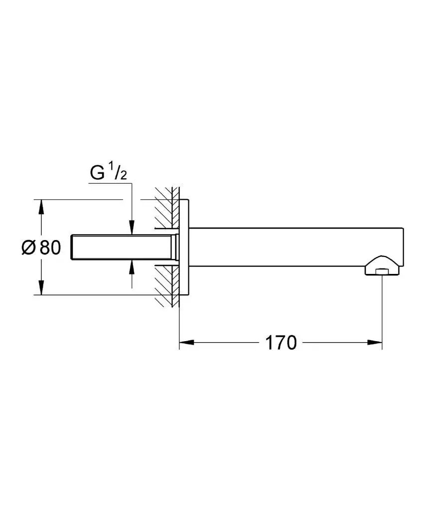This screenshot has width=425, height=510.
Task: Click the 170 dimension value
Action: [281, 343]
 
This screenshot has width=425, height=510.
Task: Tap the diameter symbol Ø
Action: [29, 247]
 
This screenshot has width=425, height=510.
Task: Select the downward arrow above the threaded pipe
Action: [132, 228]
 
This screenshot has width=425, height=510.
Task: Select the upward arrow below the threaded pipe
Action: [132, 267]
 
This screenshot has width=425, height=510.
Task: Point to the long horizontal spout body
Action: [294, 247]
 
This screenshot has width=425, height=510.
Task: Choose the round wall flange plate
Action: [184, 247]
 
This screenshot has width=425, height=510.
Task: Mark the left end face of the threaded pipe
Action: [73, 247]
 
